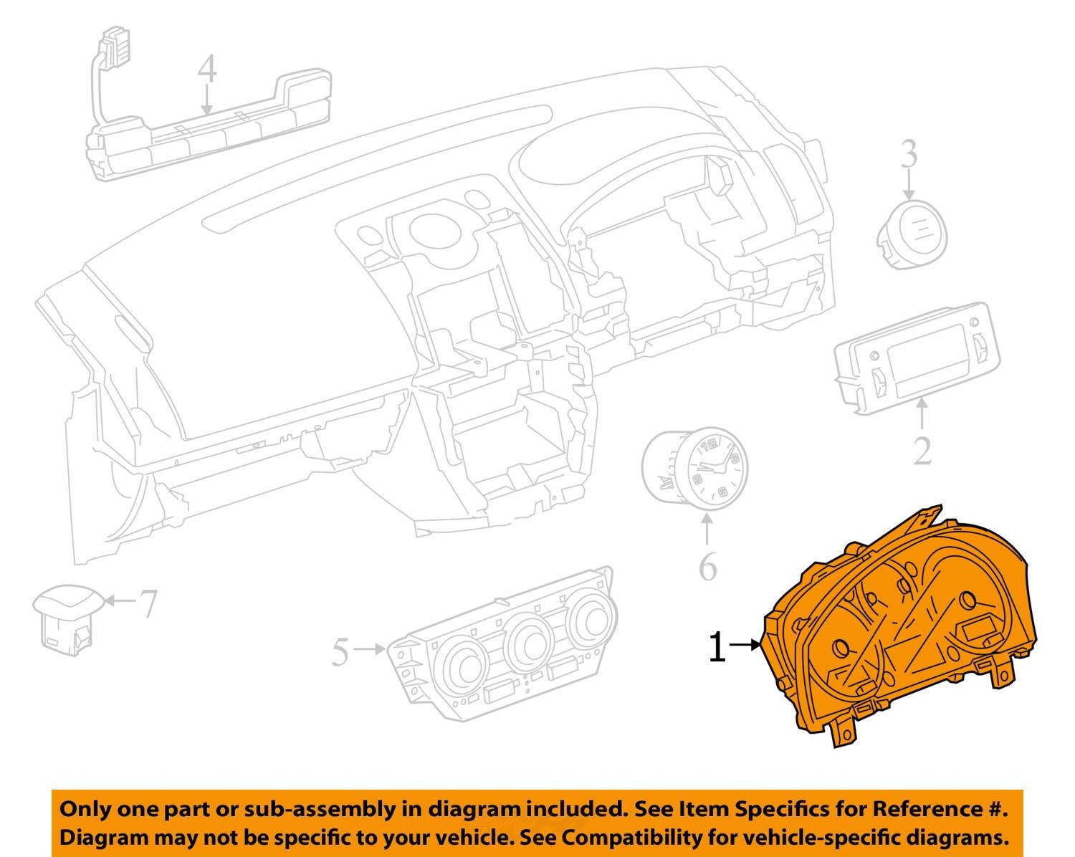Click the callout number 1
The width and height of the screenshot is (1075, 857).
coord(717,647)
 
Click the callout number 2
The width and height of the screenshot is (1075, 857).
coord(922,451)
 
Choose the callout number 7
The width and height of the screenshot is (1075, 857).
coord(148,603)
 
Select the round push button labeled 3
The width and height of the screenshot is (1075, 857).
coord(912,235)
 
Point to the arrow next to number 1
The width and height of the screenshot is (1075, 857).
coord(745,645)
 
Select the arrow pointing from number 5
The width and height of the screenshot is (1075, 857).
coord(369,649)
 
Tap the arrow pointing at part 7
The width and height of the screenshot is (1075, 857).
coord(120,600)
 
